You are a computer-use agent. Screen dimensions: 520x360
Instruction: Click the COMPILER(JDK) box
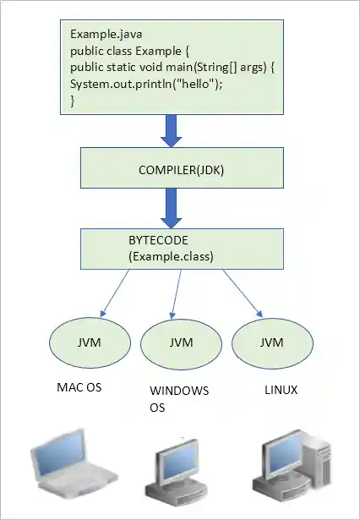coord(182,168)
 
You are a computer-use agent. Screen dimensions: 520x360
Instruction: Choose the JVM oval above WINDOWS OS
coord(181,343)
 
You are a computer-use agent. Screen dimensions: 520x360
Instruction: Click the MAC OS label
coord(80,389)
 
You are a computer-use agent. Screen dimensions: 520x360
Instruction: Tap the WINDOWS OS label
coord(178,399)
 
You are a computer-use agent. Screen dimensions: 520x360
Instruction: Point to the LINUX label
coord(281,391)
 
